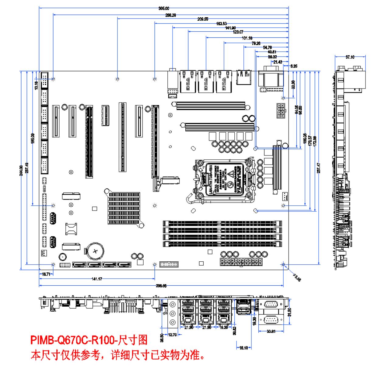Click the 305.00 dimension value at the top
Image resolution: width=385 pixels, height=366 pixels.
tap(164, 9)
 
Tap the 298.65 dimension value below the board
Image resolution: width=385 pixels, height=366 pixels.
tap(161, 286)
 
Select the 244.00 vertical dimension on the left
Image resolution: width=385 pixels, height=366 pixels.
tap(21, 171)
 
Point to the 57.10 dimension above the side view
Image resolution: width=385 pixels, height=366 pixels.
tap(350, 57)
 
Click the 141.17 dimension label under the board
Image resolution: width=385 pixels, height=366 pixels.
tap(97, 279)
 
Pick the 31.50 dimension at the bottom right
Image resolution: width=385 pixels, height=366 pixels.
tap(289, 312)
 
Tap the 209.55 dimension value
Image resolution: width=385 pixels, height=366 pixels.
tap(203, 19)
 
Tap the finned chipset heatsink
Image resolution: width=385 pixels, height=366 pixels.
tap(124, 208)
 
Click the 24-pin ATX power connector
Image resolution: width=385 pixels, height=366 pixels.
tap(241, 262)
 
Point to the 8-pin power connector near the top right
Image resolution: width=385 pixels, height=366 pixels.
tap(281, 111)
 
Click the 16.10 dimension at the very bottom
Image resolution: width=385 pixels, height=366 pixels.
tap(244, 348)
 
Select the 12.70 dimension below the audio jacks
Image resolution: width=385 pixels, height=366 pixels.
tap(172, 335)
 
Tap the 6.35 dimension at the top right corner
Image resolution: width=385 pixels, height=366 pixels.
tap(294, 66)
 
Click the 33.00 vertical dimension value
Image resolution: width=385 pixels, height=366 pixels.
tap(293, 84)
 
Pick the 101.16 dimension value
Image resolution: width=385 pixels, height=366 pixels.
tap(247, 38)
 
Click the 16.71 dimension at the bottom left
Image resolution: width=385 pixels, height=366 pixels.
tap(46, 274)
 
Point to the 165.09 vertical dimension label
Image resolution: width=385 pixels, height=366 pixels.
tap(33, 138)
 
